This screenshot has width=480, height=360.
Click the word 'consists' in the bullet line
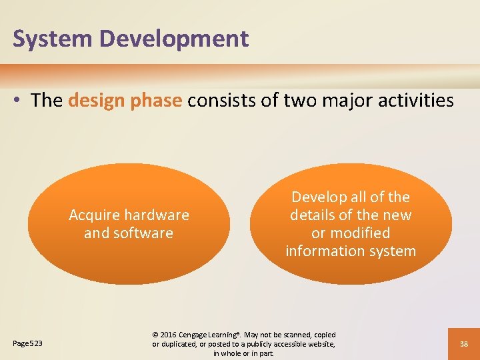217,101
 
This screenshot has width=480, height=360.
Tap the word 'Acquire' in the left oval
93,215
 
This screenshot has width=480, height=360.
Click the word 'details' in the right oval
313,215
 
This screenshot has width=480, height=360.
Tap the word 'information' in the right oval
325,251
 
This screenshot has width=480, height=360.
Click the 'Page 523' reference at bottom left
28,343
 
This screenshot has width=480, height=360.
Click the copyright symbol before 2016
156,335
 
